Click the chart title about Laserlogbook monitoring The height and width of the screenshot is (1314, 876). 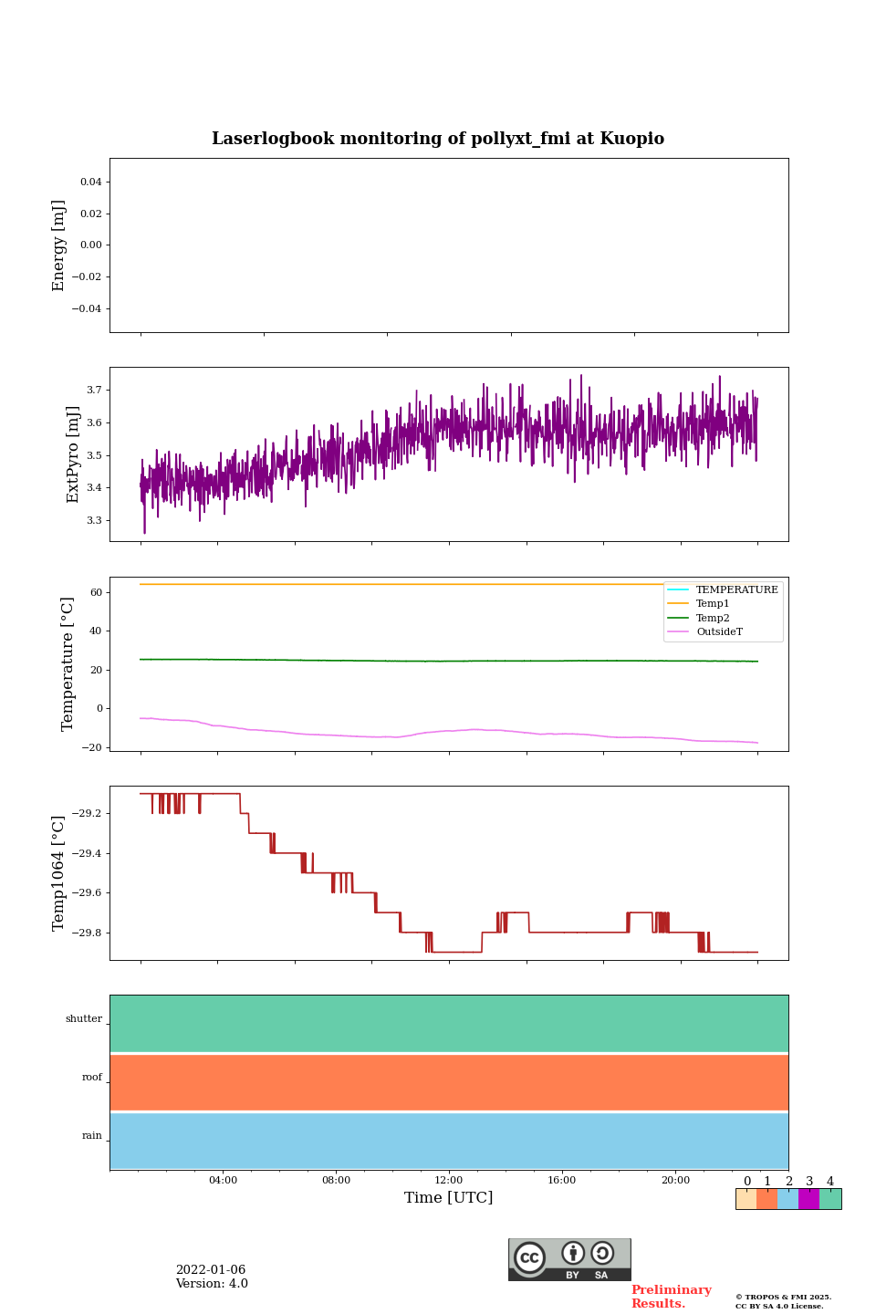pyautogui.click(x=438, y=139)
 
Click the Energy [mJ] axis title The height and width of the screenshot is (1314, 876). pyautogui.click(x=59, y=245)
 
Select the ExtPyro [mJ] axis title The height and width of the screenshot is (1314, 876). pyautogui.click(x=73, y=454)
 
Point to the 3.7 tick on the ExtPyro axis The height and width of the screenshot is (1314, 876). pyautogui.click(x=94, y=390)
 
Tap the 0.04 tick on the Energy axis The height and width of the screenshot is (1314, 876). pyautogui.click(x=90, y=182)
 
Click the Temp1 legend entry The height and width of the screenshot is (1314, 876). pyautogui.click(x=713, y=604)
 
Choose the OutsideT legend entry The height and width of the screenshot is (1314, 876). pyautogui.click(x=719, y=632)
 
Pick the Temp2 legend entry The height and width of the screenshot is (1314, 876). pyautogui.click(x=713, y=619)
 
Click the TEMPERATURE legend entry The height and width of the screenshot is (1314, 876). pyautogui.click(x=736, y=590)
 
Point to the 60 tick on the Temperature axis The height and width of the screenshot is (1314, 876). pyautogui.click(x=96, y=592)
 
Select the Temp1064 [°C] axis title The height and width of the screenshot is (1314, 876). pyautogui.click(x=59, y=873)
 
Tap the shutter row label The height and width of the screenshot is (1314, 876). pyautogui.click(x=84, y=1019)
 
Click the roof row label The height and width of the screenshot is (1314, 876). pyautogui.click(x=92, y=1078)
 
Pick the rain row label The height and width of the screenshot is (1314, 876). pyautogui.click(x=92, y=1136)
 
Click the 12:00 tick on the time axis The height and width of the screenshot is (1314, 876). pyautogui.click(x=449, y=1181)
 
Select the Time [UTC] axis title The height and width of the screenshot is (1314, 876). pyautogui.click(x=449, y=1198)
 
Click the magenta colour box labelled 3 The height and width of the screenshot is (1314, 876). pyautogui.click(x=808, y=1199)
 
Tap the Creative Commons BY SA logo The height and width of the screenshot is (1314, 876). pyautogui.click(x=569, y=1259)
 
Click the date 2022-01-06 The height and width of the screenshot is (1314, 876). pyautogui.click(x=211, y=1270)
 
